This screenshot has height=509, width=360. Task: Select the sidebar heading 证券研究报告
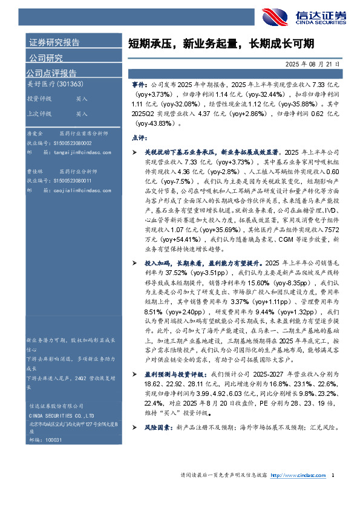[54, 42]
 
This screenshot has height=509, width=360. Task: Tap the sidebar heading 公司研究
[46, 58]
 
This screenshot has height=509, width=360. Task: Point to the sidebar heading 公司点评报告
[51, 73]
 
